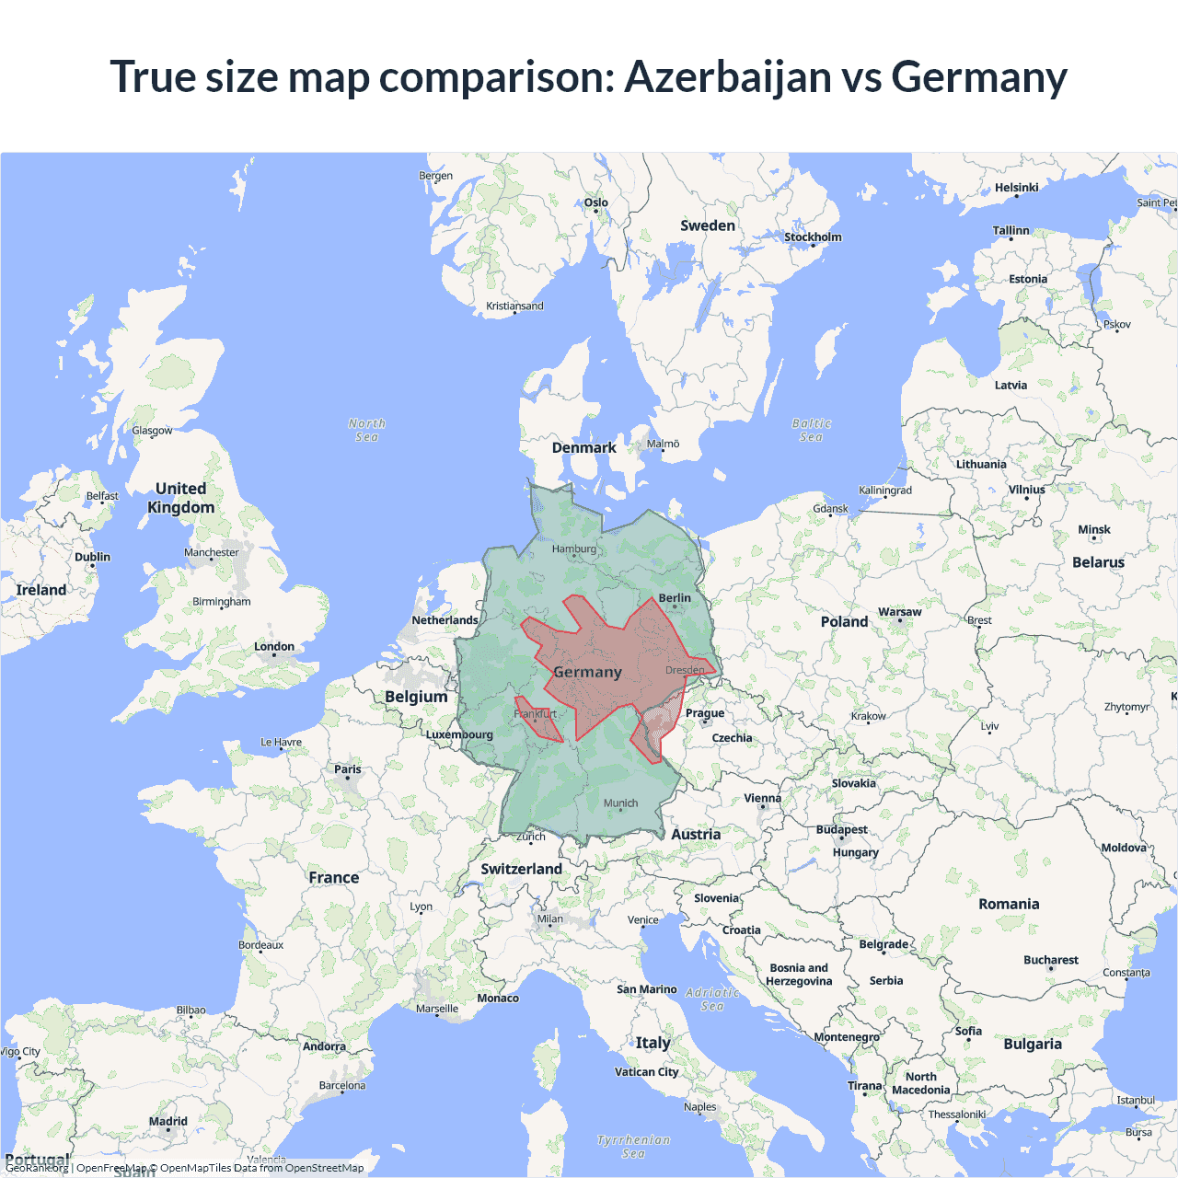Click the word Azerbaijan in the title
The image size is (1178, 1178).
(x=728, y=77)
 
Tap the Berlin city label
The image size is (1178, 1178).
(x=675, y=598)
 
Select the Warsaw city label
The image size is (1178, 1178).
(x=899, y=612)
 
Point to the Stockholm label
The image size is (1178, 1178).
(x=813, y=237)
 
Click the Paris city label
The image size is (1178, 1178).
(x=348, y=769)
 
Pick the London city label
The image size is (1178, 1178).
(x=274, y=647)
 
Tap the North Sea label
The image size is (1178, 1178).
(x=366, y=430)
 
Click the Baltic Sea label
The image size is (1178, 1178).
(x=811, y=430)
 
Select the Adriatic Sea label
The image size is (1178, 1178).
(x=712, y=999)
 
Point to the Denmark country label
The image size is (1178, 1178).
(x=583, y=448)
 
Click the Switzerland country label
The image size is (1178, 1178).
(x=521, y=869)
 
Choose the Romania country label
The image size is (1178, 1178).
(x=1009, y=904)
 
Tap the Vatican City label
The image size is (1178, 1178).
(x=646, y=1072)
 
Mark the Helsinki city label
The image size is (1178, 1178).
(x=1016, y=188)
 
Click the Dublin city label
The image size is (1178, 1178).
(x=92, y=558)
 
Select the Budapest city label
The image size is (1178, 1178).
(x=841, y=830)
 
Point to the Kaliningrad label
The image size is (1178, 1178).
(x=884, y=491)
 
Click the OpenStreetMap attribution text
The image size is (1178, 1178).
(x=324, y=1168)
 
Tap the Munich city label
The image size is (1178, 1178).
(x=620, y=803)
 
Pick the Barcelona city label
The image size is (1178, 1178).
(x=341, y=1086)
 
